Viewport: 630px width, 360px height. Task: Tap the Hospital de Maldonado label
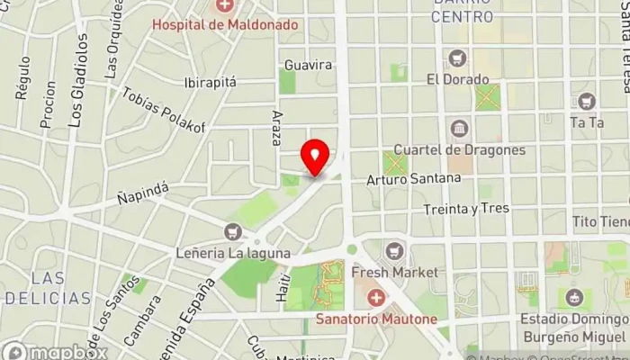(224, 24)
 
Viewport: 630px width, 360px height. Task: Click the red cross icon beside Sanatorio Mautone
(374, 297)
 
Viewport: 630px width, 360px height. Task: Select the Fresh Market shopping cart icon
(394, 249)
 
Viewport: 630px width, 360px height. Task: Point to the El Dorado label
(457, 78)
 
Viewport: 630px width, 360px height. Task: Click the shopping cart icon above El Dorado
(458, 58)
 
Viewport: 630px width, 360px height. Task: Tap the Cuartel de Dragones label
(459, 149)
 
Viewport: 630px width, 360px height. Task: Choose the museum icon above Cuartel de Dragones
(459, 128)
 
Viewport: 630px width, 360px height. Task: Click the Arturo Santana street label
(413, 179)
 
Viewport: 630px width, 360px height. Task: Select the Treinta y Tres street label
(466, 209)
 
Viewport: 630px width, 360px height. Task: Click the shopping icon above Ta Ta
(587, 101)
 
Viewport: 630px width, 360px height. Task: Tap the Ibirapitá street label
(210, 82)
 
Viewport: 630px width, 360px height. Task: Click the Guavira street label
(308, 65)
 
